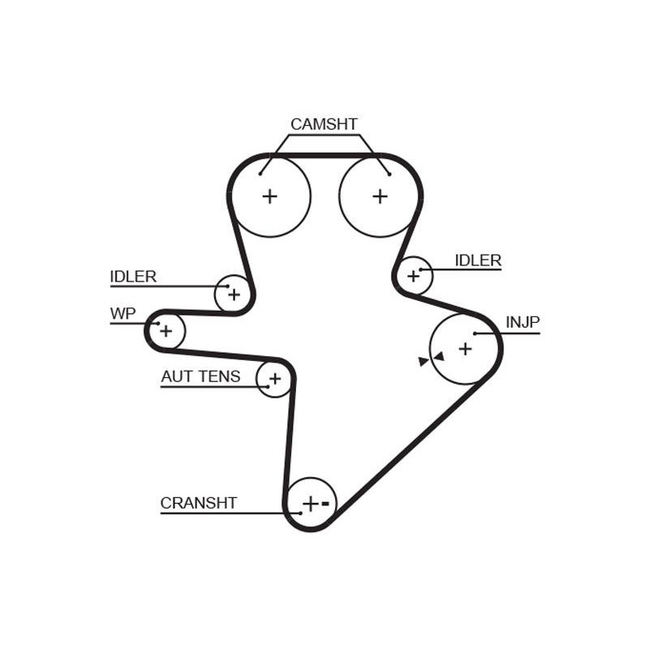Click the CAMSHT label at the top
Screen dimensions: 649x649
pyautogui.click(x=324, y=124)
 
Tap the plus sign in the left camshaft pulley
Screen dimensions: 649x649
pyautogui.click(x=270, y=196)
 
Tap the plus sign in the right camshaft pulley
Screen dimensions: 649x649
pyautogui.click(x=380, y=196)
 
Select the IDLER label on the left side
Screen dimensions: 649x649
pyautogui.click(x=133, y=277)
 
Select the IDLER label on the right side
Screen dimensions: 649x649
pyautogui.click(x=478, y=260)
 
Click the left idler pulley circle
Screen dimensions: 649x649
pyautogui.click(x=215, y=294)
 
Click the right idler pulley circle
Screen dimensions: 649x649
pyautogui.click(x=432, y=276)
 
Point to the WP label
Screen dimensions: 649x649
pyautogui.click(x=123, y=314)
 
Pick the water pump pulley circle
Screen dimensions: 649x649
pyautogui.click(x=185, y=331)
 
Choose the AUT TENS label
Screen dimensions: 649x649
pyautogui.click(x=200, y=376)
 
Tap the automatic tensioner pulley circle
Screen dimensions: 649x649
pyautogui.click(x=257, y=379)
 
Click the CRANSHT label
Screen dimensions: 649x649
pyautogui.click(x=199, y=503)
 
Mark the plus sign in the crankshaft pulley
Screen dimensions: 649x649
pyautogui.click(x=311, y=504)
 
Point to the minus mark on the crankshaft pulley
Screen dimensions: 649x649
pyautogui.click(x=325, y=504)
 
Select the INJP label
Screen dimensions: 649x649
pyautogui.click(x=522, y=322)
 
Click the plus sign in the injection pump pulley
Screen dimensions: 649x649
pyautogui.click(x=465, y=349)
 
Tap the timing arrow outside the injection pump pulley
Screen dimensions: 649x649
pyautogui.click(x=423, y=361)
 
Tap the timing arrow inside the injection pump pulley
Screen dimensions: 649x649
pyautogui.click(x=439, y=356)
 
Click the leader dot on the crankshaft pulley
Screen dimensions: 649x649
pyautogui.click(x=300, y=514)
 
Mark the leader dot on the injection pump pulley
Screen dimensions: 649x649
pyautogui.click(x=475, y=333)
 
